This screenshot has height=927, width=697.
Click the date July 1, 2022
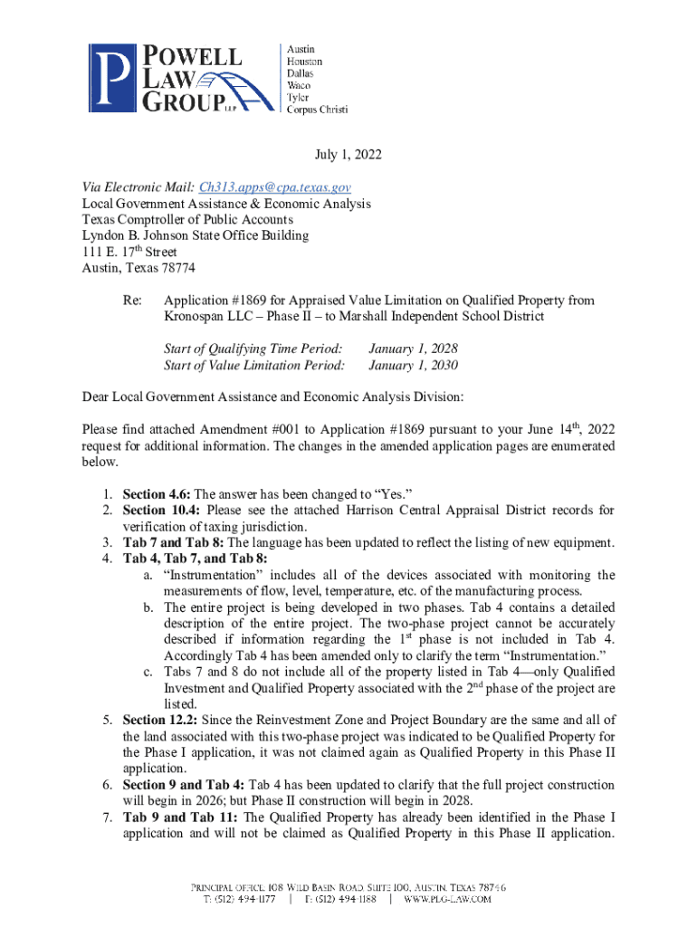tap(348, 156)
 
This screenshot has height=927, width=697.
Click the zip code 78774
tap(175, 268)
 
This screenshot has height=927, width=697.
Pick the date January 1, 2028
tap(412, 349)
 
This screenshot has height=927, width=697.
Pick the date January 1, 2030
tap(412, 365)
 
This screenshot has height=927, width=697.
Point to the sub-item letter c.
tap(148, 672)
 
